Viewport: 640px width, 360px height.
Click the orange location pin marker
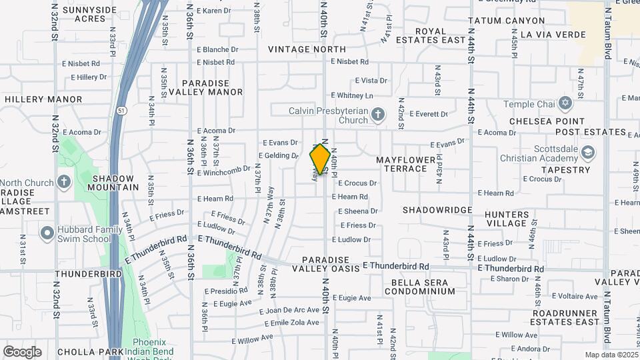click(321, 159)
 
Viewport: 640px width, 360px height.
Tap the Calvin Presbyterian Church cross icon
click(377, 115)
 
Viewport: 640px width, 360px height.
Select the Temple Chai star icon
click(566, 104)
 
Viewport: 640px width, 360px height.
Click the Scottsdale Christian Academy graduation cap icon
click(587, 153)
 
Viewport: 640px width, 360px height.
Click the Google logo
click(22, 351)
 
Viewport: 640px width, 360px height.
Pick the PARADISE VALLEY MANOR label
click(211, 87)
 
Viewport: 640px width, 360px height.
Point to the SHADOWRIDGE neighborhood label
click(437, 209)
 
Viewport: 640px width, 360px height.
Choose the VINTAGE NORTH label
click(307, 49)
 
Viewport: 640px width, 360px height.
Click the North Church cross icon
click(63, 182)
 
